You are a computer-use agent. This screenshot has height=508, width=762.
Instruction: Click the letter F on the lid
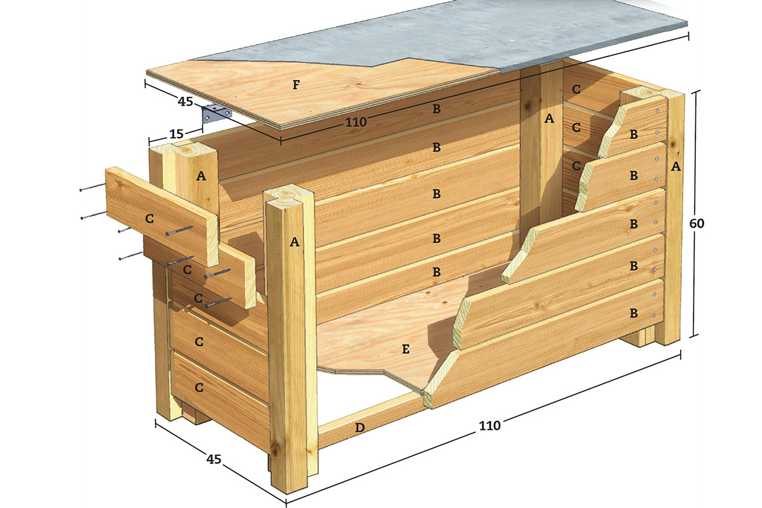pyautogui.click(x=297, y=84)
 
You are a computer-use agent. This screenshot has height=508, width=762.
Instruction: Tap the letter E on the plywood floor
pyautogui.click(x=406, y=349)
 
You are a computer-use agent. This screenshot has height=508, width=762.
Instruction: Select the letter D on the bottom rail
pyautogui.click(x=360, y=427)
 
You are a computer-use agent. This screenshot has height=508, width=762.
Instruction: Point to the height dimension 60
pyautogui.click(x=697, y=224)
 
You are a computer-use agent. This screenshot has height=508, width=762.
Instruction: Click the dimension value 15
pyautogui.click(x=177, y=134)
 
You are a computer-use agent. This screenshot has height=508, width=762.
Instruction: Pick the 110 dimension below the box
pyautogui.click(x=490, y=425)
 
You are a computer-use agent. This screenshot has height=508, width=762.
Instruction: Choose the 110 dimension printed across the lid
pyautogui.click(x=356, y=122)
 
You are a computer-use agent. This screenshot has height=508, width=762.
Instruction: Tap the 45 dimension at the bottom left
pyautogui.click(x=213, y=459)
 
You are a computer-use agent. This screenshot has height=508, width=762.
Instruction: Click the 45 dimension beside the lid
pyautogui.click(x=185, y=102)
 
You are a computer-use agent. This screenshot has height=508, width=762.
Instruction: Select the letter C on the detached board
pyautogui.click(x=149, y=219)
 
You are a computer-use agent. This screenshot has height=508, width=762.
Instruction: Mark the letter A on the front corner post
pyautogui.click(x=295, y=242)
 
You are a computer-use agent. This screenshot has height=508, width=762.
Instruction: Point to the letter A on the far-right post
pyautogui.click(x=676, y=166)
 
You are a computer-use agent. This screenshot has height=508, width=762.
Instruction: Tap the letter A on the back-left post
pyautogui.click(x=201, y=176)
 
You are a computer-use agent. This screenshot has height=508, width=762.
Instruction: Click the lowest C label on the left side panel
pyautogui.click(x=199, y=387)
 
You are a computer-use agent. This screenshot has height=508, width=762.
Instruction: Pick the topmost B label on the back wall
pyautogui.click(x=436, y=109)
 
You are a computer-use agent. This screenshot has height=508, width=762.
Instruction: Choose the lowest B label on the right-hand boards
pyautogui.click(x=634, y=313)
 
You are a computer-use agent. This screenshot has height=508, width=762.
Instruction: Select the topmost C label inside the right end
pyautogui.click(x=576, y=89)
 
